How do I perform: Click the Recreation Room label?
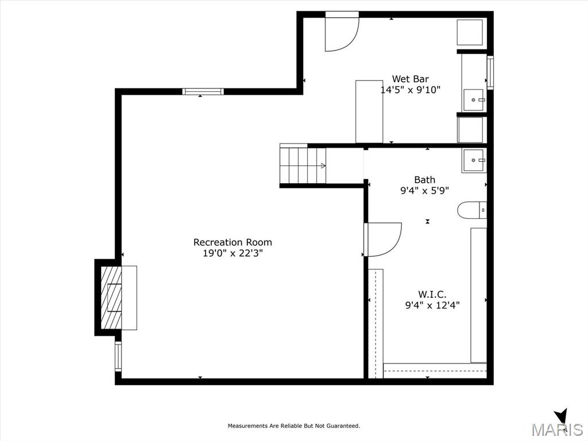coord(233,242)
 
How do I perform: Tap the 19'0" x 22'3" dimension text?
coord(233,253)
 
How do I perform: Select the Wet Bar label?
coord(410,79)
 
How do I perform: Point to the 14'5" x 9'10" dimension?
coord(410,90)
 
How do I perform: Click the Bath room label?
coord(424,180)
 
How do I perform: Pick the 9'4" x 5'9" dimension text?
coord(424,191)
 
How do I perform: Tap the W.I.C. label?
coord(432,295)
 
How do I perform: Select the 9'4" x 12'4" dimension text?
coord(432,305)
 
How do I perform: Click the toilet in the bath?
coord(472,210)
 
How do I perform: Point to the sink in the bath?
coord(474,161)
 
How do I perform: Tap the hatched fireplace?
coord(111,298)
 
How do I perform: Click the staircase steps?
coord(303,165)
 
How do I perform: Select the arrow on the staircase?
coord(322,166)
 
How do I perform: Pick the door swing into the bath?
coord(384,240)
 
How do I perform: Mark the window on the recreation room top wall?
coord(203,91)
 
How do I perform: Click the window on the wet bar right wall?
coord(490,72)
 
